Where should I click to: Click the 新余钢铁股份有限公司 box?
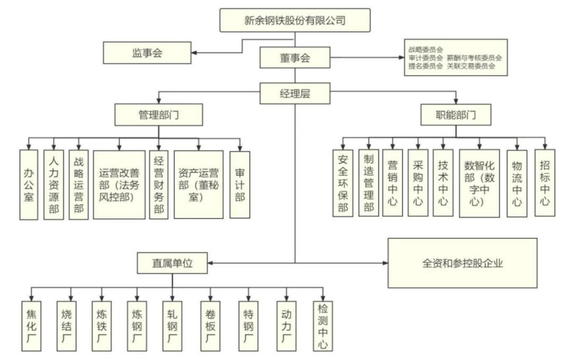(294, 21)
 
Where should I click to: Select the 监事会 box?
(146, 52)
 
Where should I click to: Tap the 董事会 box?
(294, 58)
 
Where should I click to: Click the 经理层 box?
(294, 94)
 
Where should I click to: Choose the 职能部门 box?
(455, 114)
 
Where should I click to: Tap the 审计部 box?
(240, 184)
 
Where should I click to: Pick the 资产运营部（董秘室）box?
(198, 184)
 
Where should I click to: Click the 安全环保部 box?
(343, 183)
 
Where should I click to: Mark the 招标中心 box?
(545, 183)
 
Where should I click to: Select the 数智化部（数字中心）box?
(479, 183)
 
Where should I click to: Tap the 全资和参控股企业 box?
(462, 262)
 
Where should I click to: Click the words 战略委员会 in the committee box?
(426, 49)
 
